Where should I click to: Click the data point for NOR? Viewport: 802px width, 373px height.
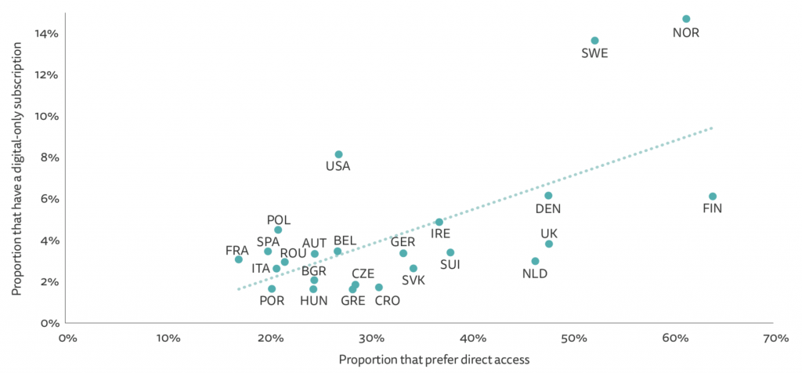click(x=686, y=19)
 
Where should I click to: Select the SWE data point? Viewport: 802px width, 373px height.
click(x=594, y=41)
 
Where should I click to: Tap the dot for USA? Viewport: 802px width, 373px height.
click(x=338, y=154)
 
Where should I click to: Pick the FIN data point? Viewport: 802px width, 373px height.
click(x=712, y=196)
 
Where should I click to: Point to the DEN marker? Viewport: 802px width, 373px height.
click(x=548, y=195)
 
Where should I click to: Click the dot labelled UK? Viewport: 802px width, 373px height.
click(x=549, y=244)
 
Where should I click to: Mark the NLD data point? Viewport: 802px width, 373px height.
click(x=535, y=261)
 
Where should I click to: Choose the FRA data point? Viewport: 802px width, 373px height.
click(x=239, y=259)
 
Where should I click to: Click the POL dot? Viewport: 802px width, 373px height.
click(x=278, y=230)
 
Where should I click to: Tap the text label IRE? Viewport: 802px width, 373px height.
click(x=440, y=234)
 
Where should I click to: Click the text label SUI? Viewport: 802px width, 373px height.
click(x=450, y=265)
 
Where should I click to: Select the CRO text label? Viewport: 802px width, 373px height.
click(x=385, y=300)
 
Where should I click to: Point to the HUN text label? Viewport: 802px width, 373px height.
click(x=313, y=301)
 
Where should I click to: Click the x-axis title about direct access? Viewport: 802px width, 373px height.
click(x=435, y=360)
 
